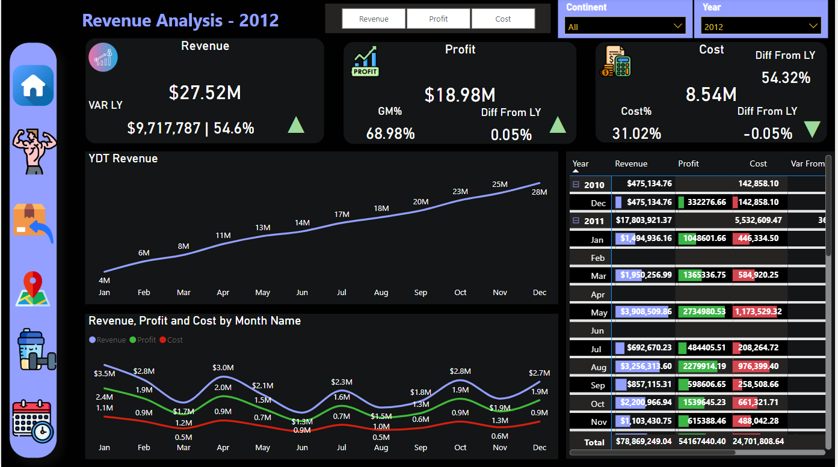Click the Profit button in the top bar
point(439,19)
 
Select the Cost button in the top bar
point(503,19)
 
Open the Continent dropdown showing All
point(624,26)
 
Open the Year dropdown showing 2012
point(760,26)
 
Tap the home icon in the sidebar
point(33,86)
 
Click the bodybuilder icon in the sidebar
point(34,150)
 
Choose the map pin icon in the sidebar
point(33,288)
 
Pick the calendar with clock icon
point(32,421)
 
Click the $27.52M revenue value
point(205,93)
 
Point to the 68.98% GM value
point(390,133)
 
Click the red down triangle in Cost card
point(812,129)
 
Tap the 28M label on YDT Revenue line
point(539,192)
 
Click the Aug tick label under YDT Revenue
point(381,293)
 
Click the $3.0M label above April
point(223,367)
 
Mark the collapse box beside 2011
point(576,221)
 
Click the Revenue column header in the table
point(631,163)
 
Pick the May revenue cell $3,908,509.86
point(643,312)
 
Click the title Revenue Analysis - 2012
point(180,20)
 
